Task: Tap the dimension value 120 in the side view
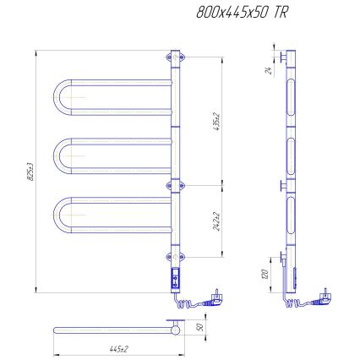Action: click(266, 274)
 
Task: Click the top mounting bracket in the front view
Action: click(177, 57)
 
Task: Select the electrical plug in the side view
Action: click(324, 294)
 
